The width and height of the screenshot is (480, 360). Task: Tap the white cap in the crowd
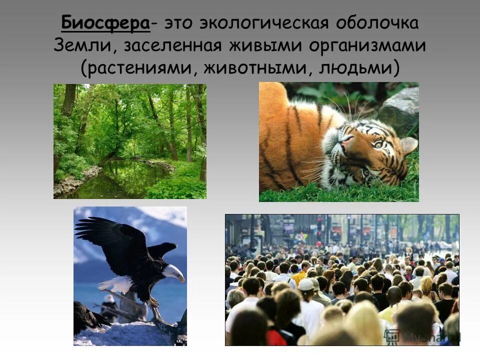point(305,284)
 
